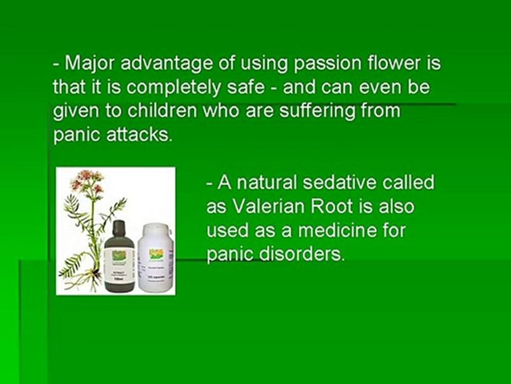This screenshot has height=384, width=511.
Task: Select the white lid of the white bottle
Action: [x=155, y=230]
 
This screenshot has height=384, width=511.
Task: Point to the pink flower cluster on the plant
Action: [x=88, y=181]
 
